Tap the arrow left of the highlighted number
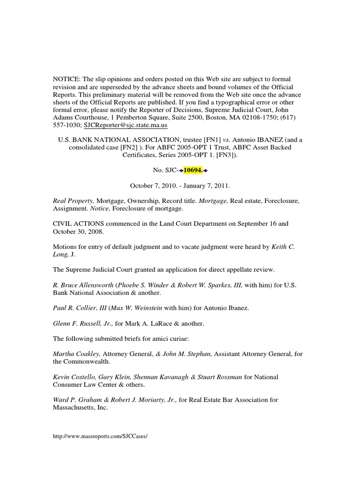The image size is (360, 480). (x=180, y=170)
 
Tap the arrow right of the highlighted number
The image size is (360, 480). (x=205, y=170)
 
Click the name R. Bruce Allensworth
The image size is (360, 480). (x=83, y=285)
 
